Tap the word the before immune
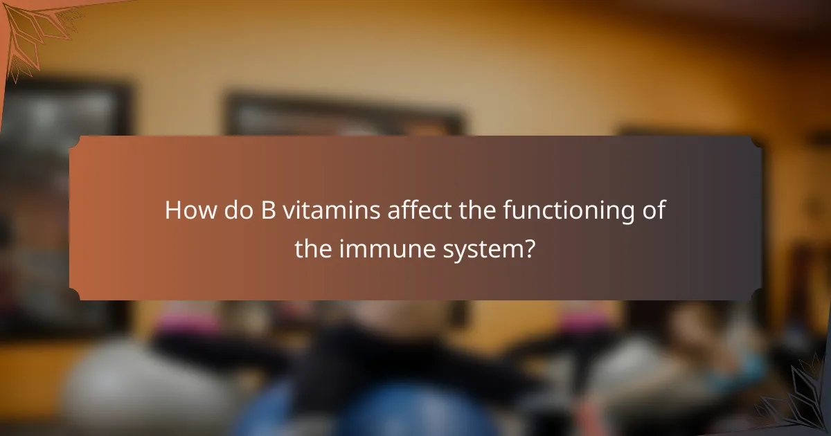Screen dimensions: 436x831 tap(313, 248)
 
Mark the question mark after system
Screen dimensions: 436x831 tap(529, 248)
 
